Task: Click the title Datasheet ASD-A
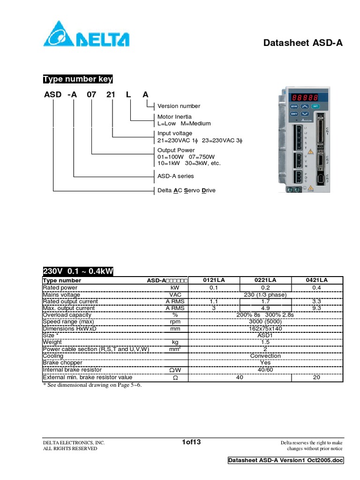pyautogui.click(x=303, y=43)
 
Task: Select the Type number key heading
pyautogui.click(x=77, y=79)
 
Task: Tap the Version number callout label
pyautogui.click(x=179, y=106)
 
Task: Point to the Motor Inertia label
pyautogui.click(x=174, y=117)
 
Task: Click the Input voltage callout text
pyautogui.click(x=175, y=134)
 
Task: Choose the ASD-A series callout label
pyautogui.click(x=175, y=176)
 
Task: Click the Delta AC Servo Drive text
pyautogui.click(x=187, y=191)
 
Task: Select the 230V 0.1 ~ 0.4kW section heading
pyautogui.click(x=78, y=272)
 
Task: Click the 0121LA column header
pyautogui.click(x=214, y=280)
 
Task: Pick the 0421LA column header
pyautogui.click(x=317, y=280)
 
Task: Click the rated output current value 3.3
pyautogui.click(x=317, y=301)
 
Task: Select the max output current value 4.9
pyautogui.click(x=265, y=308)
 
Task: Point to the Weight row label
pyautogui.click(x=52, y=343)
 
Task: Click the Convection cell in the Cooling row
pyautogui.click(x=265, y=356)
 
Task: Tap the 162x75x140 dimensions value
pyautogui.click(x=265, y=329)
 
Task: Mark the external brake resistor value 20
pyautogui.click(x=317, y=377)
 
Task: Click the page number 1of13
pyautogui.click(x=191, y=442)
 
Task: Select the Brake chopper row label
pyautogui.click(x=62, y=363)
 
